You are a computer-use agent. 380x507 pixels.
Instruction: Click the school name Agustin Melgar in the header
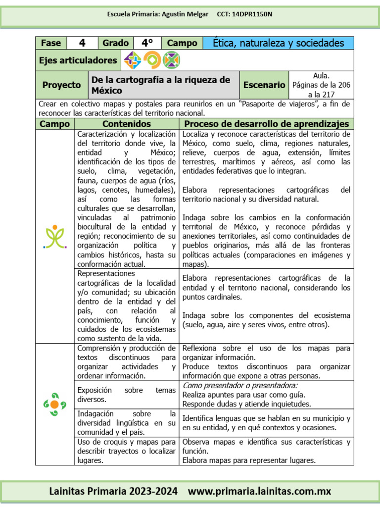185,14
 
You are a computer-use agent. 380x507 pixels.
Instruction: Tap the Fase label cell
51,43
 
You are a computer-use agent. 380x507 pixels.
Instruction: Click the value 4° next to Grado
147,43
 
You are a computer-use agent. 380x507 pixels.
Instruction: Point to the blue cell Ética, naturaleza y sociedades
278,43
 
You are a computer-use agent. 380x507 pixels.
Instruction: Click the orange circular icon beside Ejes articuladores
152,60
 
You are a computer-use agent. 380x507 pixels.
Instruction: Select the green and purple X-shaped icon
171,60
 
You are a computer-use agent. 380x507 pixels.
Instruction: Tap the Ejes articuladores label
78,60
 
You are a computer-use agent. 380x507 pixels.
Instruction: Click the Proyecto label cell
61,85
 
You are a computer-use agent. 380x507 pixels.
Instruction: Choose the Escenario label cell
264,85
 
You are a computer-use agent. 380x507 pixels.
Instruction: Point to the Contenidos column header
126,124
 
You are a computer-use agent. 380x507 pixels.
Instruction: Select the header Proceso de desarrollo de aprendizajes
266,124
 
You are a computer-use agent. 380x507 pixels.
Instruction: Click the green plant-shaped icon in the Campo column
55,237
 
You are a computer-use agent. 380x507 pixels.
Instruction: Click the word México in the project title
107,91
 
